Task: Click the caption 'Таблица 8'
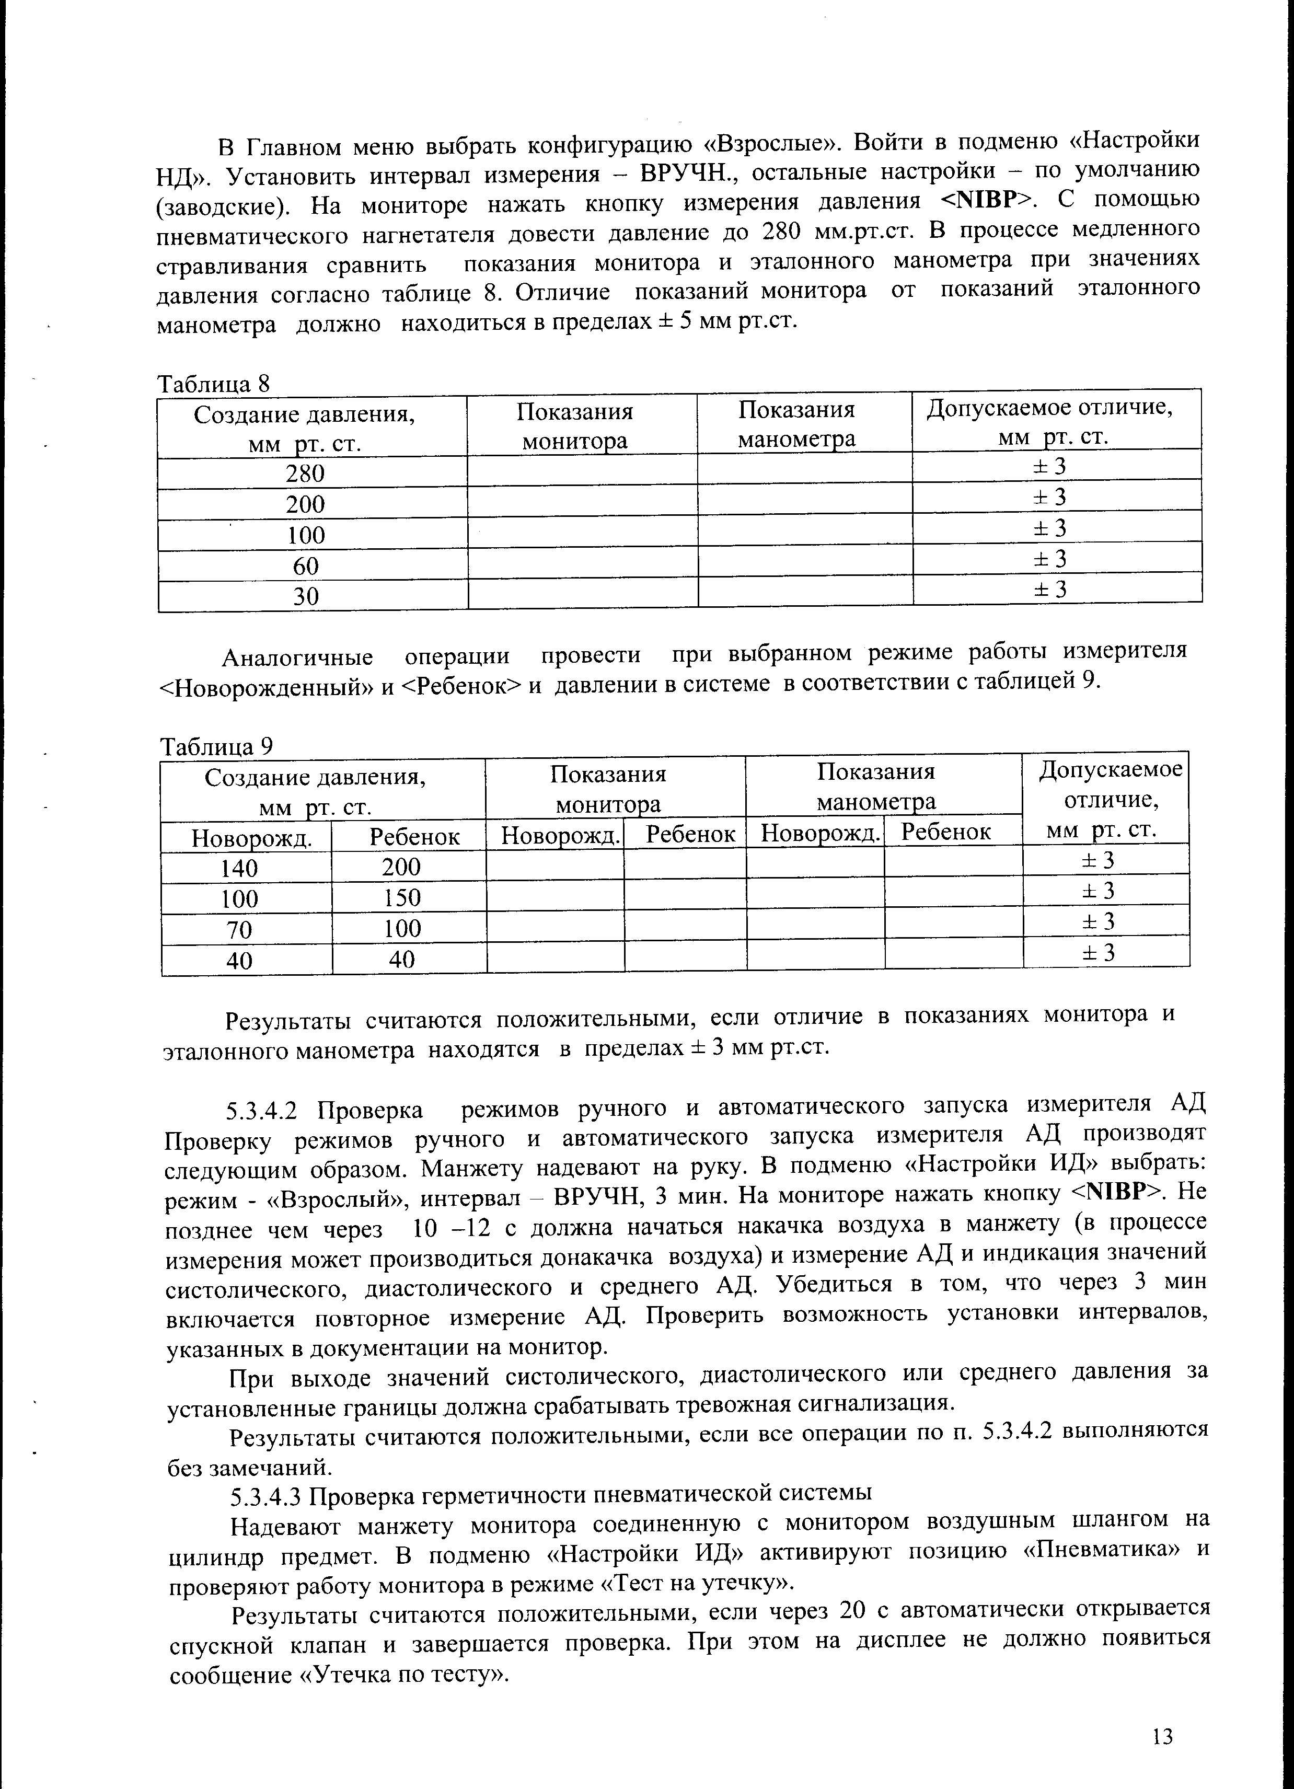[x=214, y=384]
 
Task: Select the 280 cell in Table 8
[x=305, y=474]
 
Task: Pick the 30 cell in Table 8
[x=305, y=596]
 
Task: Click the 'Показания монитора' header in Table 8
[x=575, y=426]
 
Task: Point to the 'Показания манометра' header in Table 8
[x=796, y=424]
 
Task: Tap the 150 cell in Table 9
[x=402, y=898]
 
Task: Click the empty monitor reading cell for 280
[x=582, y=472]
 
